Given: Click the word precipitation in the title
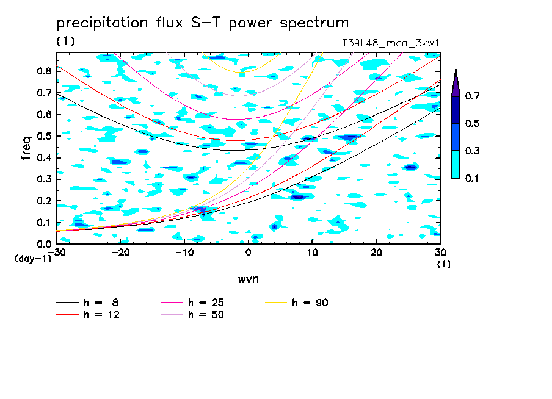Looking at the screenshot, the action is [102, 23].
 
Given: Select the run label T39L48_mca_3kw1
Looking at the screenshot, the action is [390, 43].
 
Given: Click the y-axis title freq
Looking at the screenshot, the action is [26, 148].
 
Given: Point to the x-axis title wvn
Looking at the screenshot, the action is [249, 279].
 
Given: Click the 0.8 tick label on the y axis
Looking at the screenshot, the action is [45, 71].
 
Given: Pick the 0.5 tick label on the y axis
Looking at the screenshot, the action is [45, 136].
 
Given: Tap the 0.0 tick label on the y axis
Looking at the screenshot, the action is [45, 244].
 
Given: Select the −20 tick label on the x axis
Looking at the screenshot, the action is [120, 253].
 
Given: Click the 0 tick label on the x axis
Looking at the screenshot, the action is [249, 253].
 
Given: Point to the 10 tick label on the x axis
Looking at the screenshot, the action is [312, 253].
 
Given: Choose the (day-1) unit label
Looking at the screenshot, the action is [32, 259].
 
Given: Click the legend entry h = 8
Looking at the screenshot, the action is [87, 303].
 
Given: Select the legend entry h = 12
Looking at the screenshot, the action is [88, 315].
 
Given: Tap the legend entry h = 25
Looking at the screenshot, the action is [192, 303].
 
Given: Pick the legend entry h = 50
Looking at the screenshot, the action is [192, 315].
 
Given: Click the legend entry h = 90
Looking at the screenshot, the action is [296, 303].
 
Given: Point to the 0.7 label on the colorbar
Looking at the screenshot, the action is [472, 96].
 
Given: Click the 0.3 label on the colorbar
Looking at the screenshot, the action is [472, 151].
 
